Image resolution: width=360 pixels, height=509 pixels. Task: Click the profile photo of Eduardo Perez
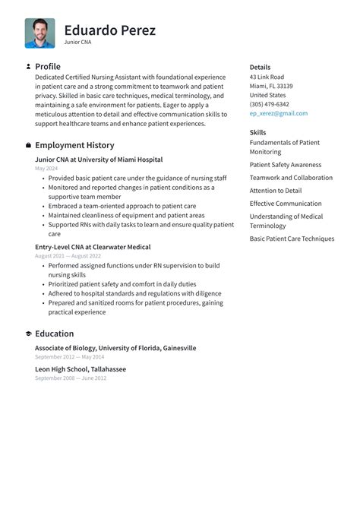click(x=39, y=33)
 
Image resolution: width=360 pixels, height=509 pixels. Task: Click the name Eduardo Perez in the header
click(x=109, y=30)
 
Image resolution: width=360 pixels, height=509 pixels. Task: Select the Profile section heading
click(x=47, y=67)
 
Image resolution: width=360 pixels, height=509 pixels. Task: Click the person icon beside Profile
click(x=28, y=67)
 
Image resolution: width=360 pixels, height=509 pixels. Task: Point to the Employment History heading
click(x=74, y=145)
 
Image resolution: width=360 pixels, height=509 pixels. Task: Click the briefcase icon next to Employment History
click(x=28, y=145)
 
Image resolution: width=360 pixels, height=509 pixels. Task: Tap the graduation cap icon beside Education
click(x=28, y=334)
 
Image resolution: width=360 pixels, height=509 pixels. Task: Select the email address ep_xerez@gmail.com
click(x=279, y=113)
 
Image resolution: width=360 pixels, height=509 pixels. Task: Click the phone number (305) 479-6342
click(x=269, y=104)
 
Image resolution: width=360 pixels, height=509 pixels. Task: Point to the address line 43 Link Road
click(x=267, y=77)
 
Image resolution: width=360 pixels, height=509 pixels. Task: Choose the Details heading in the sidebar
click(x=260, y=68)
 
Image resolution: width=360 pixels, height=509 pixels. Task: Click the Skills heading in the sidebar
click(x=257, y=132)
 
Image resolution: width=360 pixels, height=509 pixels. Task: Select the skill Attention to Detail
click(x=275, y=191)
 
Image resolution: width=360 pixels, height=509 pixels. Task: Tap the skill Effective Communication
click(x=286, y=204)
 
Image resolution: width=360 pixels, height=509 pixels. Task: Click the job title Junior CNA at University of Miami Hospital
click(x=99, y=160)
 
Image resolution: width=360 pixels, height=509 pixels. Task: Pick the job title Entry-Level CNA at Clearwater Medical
click(x=93, y=247)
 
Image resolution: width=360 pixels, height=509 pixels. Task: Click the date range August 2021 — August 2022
click(x=68, y=256)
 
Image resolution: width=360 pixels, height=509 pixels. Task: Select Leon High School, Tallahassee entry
click(x=81, y=369)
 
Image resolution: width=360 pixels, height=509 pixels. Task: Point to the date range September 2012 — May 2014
click(x=70, y=356)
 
